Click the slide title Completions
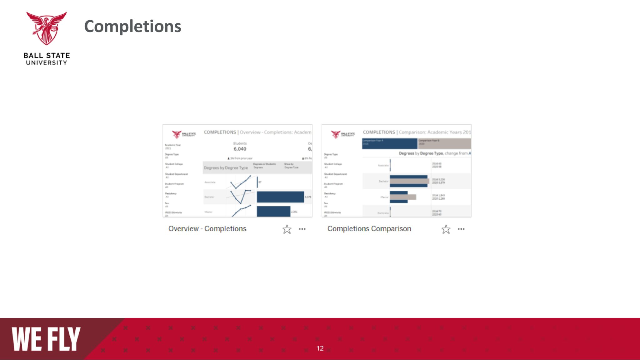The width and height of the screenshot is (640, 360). (x=132, y=26)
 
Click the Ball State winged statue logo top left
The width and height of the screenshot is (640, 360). (x=46, y=28)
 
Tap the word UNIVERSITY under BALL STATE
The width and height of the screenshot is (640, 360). (x=46, y=63)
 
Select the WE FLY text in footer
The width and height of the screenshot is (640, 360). (x=46, y=339)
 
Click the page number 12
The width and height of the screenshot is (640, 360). (x=320, y=348)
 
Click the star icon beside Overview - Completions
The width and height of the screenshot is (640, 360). (x=287, y=229)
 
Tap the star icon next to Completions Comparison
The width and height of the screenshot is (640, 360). (x=446, y=229)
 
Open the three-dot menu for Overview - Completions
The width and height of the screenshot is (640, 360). (x=302, y=229)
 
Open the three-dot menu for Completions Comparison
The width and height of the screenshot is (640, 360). (x=461, y=229)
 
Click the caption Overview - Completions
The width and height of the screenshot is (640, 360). (x=207, y=229)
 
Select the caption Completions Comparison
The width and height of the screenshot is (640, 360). (x=369, y=229)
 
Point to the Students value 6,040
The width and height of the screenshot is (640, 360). (x=240, y=149)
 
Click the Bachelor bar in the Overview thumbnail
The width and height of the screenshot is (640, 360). (x=280, y=197)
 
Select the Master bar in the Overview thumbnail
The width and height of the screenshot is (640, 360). (x=273, y=211)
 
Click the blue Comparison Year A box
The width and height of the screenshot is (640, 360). (x=389, y=143)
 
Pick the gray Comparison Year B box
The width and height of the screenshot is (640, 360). (x=444, y=143)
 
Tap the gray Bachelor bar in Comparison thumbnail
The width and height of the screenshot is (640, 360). (x=409, y=181)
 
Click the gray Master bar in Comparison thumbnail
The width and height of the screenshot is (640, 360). (x=403, y=197)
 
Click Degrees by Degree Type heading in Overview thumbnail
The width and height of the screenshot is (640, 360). (x=226, y=168)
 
